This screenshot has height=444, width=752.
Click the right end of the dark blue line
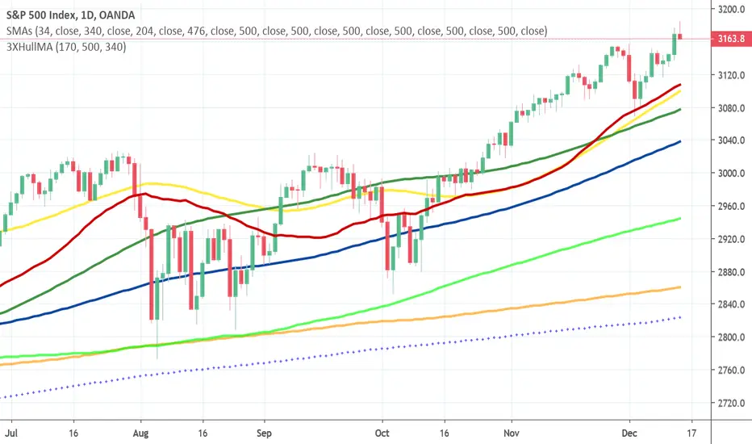(680, 141)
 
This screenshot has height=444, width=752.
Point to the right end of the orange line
(680, 287)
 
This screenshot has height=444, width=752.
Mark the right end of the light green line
(680, 219)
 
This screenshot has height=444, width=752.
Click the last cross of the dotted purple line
(680, 317)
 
